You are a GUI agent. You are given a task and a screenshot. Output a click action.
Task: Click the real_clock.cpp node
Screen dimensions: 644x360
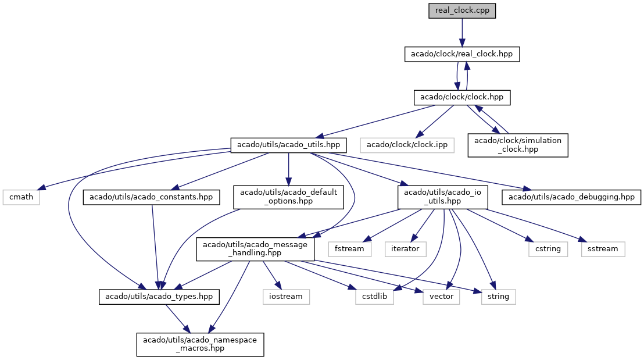pyautogui.click(x=462, y=10)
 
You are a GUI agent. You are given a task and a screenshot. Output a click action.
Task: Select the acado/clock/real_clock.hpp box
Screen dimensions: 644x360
pyautogui.click(x=462, y=54)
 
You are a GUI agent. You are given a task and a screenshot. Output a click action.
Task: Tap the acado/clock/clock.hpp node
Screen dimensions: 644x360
pyautogui.click(x=462, y=97)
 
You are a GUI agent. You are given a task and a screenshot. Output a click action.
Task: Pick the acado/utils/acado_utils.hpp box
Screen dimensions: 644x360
pyautogui.click(x=288, y=145)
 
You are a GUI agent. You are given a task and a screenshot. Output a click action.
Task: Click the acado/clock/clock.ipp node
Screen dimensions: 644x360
pyautogui.click(x=407, y=145)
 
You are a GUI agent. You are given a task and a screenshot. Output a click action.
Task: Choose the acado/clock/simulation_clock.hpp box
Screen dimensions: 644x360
pyautogui.click(x=518, y=145)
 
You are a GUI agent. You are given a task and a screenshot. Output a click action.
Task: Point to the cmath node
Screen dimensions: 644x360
pyautogui.click(x=22, y=197)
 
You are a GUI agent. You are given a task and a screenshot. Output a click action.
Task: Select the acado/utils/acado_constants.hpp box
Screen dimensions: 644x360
pyautogui.click(x=151, y=197)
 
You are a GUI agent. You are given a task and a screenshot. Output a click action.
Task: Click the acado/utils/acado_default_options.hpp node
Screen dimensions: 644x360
pyautogui.click(x=288, y=197)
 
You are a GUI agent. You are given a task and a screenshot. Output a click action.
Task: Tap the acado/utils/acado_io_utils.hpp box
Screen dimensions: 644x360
pyautogui.click(x=443, y=197)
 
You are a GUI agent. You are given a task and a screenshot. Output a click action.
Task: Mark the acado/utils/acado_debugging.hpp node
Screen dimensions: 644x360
pyautogui.click(x=571, y=197)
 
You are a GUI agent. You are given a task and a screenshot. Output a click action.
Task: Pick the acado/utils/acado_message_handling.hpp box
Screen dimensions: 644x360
pyautogui.click(x=255, y=249)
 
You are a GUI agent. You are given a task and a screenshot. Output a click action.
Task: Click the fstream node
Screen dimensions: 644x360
pyautogui.click(x=349, y=249)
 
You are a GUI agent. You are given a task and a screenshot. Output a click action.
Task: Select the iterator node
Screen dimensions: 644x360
pyautogui.click(x=405, y=249)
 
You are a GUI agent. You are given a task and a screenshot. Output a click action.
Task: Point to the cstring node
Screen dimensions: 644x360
pyautogui.click(x=548, y=249)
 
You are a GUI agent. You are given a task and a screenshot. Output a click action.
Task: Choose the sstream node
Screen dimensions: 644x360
pyautogui.click(x=603, y=249)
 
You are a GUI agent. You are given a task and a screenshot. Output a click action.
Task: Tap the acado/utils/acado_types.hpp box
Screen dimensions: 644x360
pyautogui.click(x=159, y=297)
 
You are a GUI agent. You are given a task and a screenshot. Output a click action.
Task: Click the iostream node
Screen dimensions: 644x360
pyautogui.click(x=286, y=297)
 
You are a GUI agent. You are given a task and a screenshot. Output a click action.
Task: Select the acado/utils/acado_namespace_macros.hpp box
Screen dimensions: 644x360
pyautogui.click(x=200, y=344)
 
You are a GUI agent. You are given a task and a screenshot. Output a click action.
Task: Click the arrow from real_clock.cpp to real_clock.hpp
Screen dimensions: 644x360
pyautogui.click(x=462, y=33)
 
